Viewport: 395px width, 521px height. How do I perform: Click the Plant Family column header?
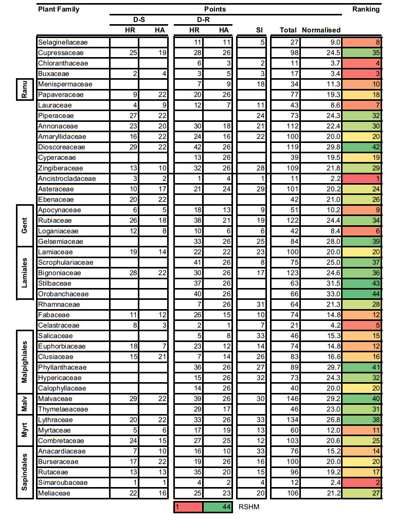coord(59,9)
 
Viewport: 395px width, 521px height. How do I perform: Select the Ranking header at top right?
coord(366,9)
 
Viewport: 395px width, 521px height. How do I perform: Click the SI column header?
coord(259,30)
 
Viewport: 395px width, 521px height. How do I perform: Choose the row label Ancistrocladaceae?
coord(67,178)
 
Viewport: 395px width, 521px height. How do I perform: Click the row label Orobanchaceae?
coord(63,294)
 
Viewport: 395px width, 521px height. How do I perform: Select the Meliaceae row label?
coord(53,493)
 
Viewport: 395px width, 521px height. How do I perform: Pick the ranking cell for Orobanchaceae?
coord(362,294)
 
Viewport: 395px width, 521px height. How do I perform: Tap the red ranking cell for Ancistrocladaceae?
coord(362,178)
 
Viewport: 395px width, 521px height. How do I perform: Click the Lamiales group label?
coord(23,273)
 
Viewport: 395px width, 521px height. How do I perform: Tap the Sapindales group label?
coord(23,472)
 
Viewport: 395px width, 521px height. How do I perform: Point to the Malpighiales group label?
coord(23,362)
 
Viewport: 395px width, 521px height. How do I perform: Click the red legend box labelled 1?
coord(188,507)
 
